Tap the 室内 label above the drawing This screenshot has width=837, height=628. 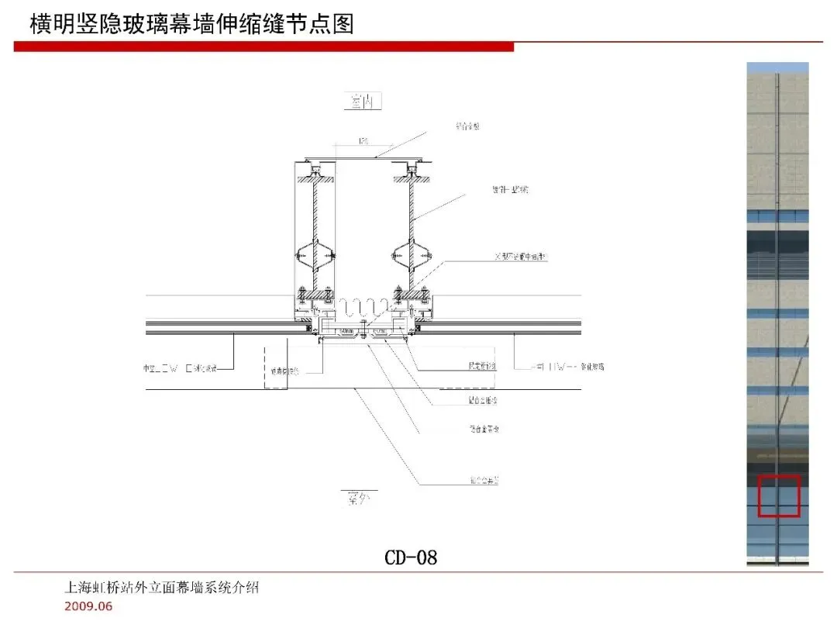point(363,102)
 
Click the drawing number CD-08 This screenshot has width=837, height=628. point(411,557)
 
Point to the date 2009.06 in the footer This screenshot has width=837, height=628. point(88,606)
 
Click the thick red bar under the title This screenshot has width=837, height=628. point(263,47)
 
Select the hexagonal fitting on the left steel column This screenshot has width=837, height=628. point(315,254)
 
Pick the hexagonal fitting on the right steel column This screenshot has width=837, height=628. point(410,254)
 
